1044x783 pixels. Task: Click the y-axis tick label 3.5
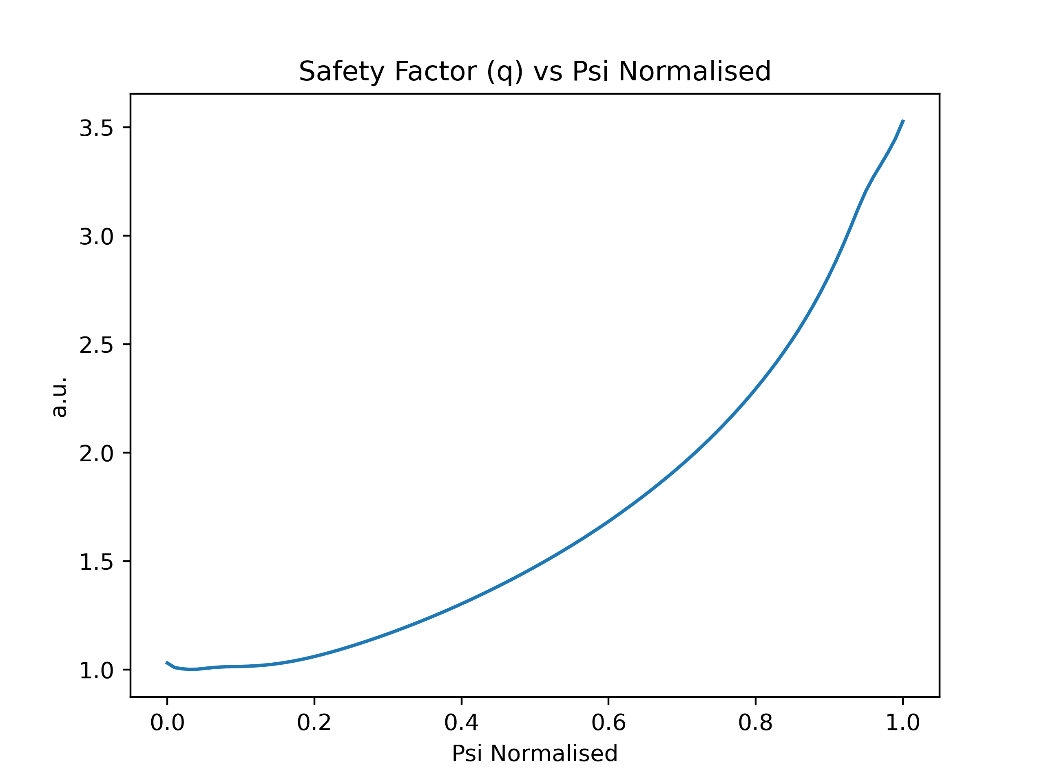(96, 128)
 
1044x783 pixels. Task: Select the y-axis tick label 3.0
(96, 237)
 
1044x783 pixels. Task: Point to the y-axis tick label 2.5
(96, 345)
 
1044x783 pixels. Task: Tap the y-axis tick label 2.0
(96, 454)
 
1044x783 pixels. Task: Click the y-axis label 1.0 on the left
(96, 671)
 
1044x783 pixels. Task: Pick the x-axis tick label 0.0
(167, 723)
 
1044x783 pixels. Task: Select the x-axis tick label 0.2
(314, 723)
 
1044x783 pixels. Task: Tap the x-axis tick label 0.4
(462, 723)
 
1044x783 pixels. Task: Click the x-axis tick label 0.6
(608, 723)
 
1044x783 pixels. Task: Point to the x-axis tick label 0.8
(756, 723)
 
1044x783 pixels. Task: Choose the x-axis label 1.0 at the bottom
(903, 723)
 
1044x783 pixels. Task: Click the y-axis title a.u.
(60, 397)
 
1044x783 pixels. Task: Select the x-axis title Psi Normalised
(535, 753)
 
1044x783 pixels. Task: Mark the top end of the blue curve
(903, 120)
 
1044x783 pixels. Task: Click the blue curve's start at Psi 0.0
(167, 663)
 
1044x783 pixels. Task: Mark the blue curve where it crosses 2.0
(693, 453)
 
